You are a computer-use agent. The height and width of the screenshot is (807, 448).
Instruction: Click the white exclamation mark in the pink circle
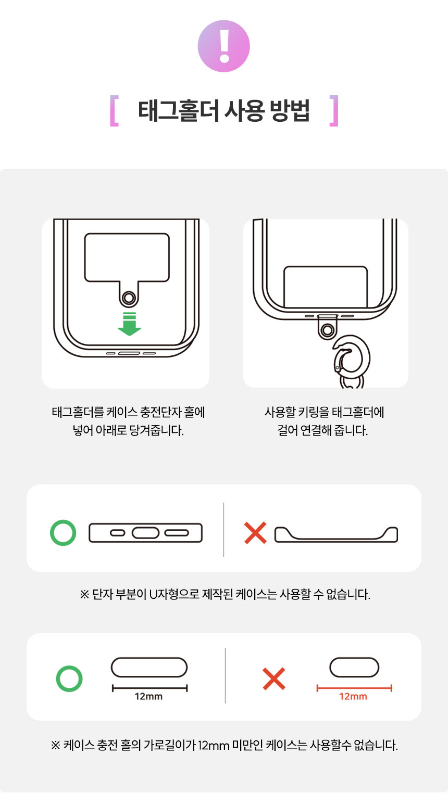(225, 46)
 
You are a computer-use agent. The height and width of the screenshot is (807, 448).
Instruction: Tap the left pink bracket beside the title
(114, 111)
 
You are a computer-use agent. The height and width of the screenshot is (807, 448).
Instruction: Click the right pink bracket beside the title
(334, 111)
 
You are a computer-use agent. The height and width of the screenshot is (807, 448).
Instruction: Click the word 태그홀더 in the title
(179, 111)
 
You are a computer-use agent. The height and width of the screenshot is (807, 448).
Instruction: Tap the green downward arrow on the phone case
(130, 324)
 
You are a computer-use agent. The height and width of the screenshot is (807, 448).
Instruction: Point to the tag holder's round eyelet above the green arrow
(129, 298)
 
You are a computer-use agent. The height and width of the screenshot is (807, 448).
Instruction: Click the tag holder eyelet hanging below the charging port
(328, 330)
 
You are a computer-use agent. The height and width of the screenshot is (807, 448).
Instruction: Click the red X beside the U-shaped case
(255, 533)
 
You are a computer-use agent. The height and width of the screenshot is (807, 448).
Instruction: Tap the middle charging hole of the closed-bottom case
(145, 533)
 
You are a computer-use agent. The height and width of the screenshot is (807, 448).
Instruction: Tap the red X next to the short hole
(274, 679)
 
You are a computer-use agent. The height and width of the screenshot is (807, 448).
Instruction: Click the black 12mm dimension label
(148, 696)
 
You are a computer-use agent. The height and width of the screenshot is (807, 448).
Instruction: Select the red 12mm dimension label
(353, 696)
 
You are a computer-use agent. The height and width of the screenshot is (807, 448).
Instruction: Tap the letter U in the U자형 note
(153, 594)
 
